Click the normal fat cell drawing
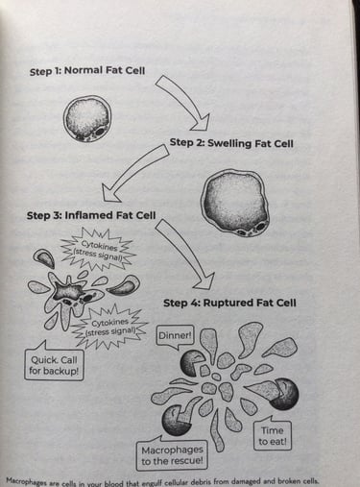(x=87, y=119)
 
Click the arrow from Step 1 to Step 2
(x=182, y=100)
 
